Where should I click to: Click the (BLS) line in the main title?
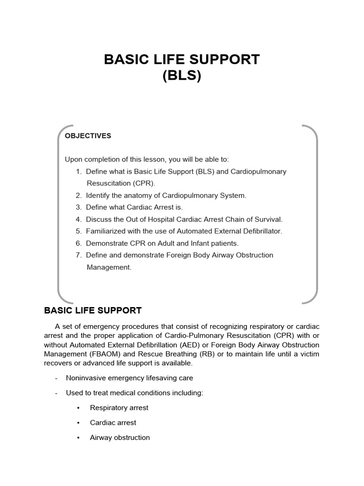pyautogui.click(x=182, y=76)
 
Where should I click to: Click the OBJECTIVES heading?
pyautogui.click(x=88, y=136)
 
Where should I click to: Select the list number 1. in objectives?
pyautogui.click(x=79, y=171)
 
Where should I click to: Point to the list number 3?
pyautogui.click(x=79, y=207)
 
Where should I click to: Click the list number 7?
pyautogui.click(x=79, y=255)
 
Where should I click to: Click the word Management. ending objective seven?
pyautogui.click(x=109, y=267)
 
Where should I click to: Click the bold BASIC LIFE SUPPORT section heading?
pyautogui.click(x=93, y=311)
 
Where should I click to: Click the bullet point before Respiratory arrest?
pyautogui.click(x=78, y=408)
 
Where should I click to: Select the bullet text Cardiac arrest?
pyautogui.click(x=113, y=422)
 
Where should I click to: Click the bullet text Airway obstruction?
pyautogui.click(x=119, y=438)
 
